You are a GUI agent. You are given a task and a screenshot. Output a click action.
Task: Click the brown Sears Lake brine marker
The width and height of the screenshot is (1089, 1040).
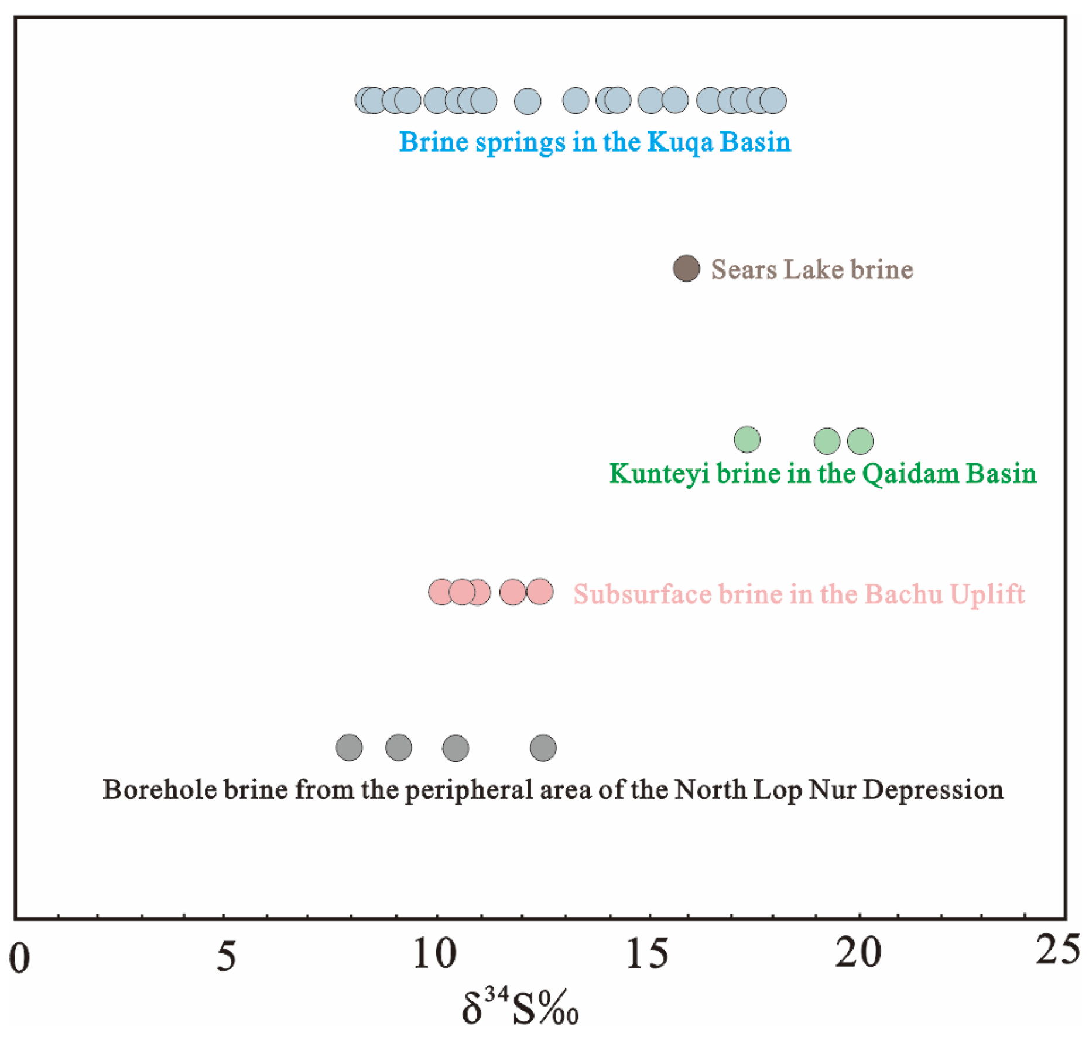tap(686, 269)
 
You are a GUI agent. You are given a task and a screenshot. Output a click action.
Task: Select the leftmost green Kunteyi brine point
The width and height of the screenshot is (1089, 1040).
tap(746, 439)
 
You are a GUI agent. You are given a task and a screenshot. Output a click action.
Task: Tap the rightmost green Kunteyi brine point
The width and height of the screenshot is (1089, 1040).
tap(859, 441)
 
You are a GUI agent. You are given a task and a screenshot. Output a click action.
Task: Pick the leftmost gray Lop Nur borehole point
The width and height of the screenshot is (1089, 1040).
tap(349, 747)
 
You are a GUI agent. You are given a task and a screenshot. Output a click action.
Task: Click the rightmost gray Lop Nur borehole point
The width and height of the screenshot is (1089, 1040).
tap(543, 748)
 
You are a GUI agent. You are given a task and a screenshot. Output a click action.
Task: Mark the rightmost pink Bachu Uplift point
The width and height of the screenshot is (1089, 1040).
tap(539, 591)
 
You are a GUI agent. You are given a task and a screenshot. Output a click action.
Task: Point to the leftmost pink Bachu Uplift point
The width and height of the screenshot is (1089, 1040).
tap(441, 592)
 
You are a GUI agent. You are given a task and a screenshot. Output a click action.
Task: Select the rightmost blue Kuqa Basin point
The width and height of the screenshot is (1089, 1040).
tap(773, 101)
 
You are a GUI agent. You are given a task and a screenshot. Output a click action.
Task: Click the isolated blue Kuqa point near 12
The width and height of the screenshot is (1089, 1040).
tap(527, 101)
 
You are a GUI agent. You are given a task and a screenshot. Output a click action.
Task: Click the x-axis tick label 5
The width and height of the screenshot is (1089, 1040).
tap(226, 957)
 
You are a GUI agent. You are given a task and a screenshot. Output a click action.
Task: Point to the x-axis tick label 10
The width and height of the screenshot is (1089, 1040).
tap(434, 954)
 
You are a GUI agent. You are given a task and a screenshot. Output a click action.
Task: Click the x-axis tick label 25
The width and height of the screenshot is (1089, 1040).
tap(1057, 949)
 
